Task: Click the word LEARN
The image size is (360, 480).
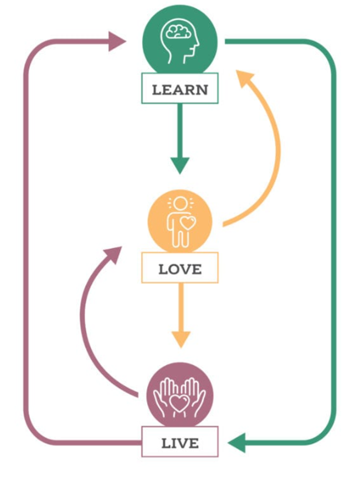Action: [180, 90]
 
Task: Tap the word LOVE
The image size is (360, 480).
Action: [180, 269]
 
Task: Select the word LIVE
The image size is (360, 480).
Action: [180, 443]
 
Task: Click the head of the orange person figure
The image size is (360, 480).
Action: [179, 204]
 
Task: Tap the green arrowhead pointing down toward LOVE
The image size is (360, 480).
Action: [180, 165]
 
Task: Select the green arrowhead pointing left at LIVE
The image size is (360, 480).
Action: [237, 443]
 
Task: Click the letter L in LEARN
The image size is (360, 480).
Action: [156, 90]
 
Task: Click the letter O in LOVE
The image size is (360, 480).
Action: [174, 269]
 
